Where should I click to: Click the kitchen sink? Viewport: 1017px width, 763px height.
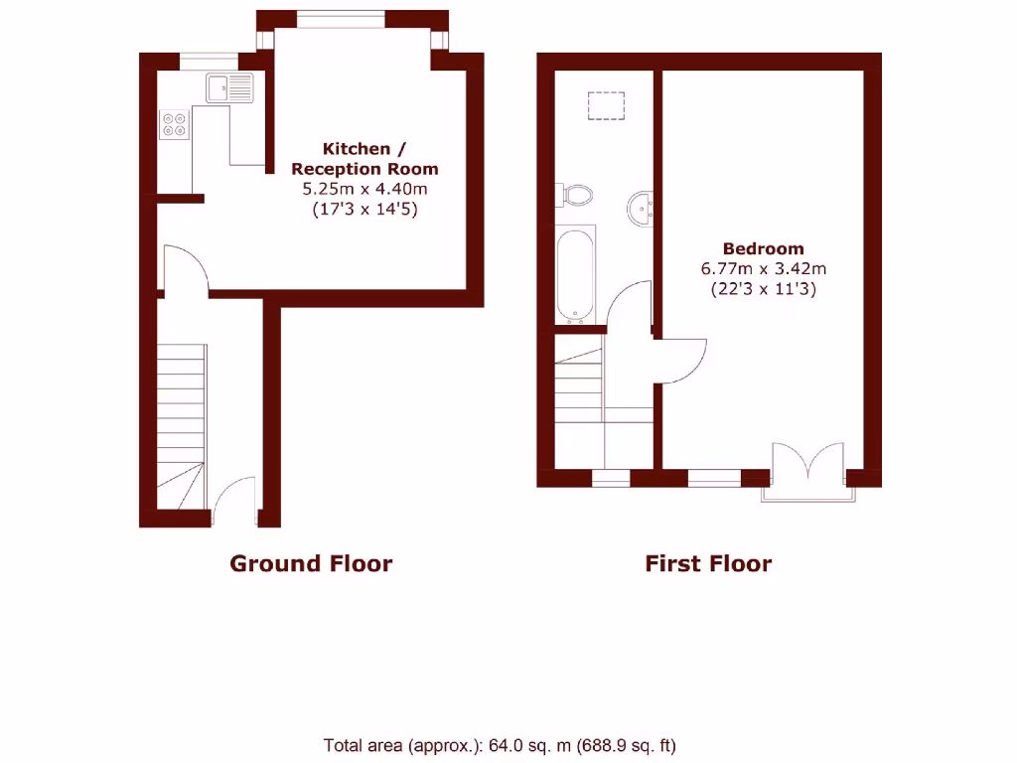click(230, 88)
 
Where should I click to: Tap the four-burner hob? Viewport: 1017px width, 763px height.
click(175, 125)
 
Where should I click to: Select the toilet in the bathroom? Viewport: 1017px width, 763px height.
click(575, 195)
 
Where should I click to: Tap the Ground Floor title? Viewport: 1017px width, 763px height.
click(311, 564)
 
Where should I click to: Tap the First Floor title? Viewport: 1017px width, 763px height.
click(708, 564)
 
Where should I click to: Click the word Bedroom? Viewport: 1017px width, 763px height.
click(763, 248)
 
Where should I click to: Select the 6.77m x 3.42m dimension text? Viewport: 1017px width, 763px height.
click(763, 268)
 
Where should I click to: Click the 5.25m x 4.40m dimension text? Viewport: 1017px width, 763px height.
click(364, 189)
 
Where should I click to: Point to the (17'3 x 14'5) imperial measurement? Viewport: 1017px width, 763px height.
click(364, 209)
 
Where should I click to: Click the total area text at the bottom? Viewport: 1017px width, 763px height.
click(500, 744)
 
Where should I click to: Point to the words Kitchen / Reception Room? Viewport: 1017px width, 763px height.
click(364, 159)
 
